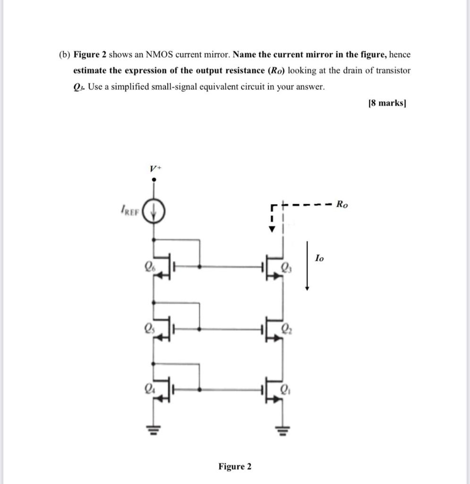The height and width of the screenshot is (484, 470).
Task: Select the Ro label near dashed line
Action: tap(342, 205)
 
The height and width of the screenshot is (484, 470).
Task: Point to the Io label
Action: tap(320, 258)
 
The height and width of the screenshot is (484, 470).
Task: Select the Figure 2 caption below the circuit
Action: tap(235, 467)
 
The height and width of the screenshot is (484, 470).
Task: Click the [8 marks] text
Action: tap(387, 103)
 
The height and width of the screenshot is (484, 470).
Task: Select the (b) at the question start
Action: tap(64, 54)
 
